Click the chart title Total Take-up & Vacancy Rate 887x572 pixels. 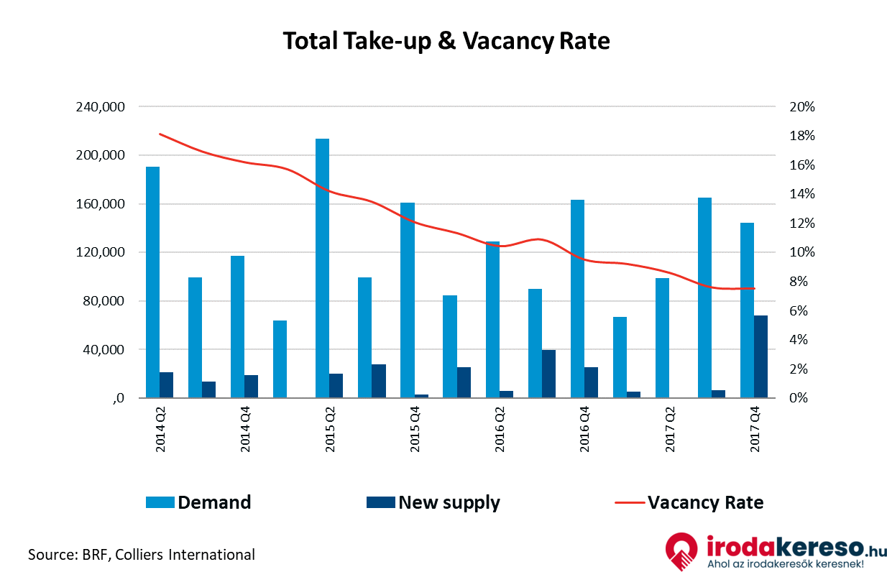coord(446,41)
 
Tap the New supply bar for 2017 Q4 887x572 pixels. coord(760,356)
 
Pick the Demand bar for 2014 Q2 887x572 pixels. coord(152,282)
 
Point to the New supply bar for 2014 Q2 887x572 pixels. coord(167,385)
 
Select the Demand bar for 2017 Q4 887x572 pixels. coord(747,310)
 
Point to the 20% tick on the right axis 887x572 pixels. coord(801,107)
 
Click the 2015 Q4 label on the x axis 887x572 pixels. coord(415,430)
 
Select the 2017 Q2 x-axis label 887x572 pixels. coord(671,430)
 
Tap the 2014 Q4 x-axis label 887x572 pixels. coord(246,430)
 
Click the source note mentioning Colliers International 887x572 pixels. coord(141,554)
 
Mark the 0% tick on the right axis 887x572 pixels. coord(799,398)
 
